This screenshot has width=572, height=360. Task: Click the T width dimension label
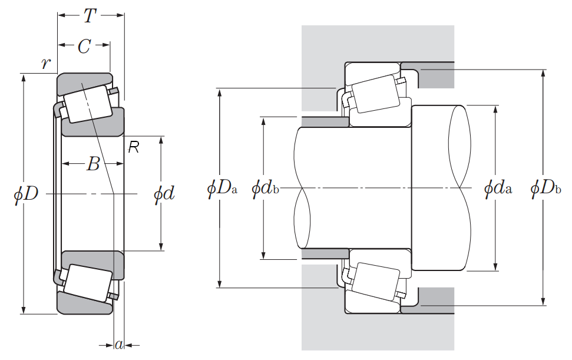click(90, 16)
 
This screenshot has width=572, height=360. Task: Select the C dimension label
click(84, 47)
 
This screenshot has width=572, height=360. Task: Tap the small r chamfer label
click(45, 64)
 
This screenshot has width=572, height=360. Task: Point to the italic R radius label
click(134, 147)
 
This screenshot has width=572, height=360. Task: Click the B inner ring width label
click(93, 164)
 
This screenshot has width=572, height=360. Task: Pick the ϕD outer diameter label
click(26, 193)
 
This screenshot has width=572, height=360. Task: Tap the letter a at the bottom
click(119, 344)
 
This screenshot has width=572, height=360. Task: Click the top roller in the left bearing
click(88, 104)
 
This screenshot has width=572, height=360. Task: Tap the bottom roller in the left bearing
click(88, 283)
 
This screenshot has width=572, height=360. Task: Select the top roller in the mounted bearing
click(376, 93)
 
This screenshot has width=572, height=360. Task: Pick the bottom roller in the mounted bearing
click(376, 282)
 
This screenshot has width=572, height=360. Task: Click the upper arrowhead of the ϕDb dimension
click(544, 73)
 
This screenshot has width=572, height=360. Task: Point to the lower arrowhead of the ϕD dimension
click(24, 310)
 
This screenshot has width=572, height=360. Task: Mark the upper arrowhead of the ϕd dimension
click(161, 140)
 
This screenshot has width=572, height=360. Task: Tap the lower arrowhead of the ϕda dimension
click(496, 267)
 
